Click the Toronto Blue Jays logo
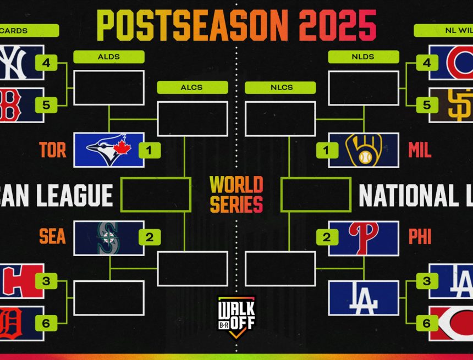click(x=108, y=149)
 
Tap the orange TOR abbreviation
click(x=53, y=150)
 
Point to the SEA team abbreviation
click(x=52, y=237)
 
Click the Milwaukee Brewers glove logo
click(x=364, y=149)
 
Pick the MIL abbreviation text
click(x=420, y=150)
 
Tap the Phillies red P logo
click(x=364, y=238)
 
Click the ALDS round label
click(x=109, y=57)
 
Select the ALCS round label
click(x=192, y=87)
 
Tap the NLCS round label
click(x=280, y=87)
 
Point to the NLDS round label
click(x=364, y=57)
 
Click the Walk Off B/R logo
click(x=237, y=317)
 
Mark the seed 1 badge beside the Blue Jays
click(x=150, y=149)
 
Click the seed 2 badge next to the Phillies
click(x=327, y=237)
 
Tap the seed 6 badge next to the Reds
click(x=426, y=323)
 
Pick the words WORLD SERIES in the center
click(x=237, y=194)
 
